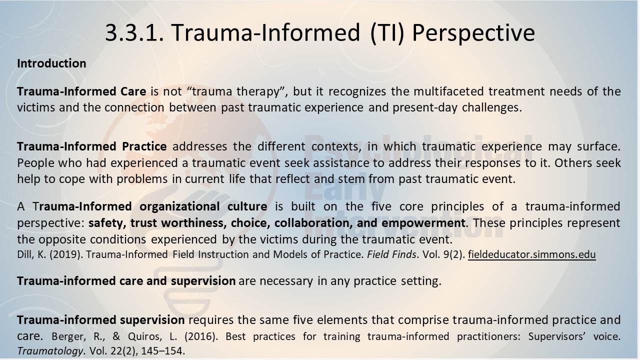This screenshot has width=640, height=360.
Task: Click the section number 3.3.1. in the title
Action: click(x=134, y=32)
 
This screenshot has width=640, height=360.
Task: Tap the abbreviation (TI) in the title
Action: click(x=387, y=33)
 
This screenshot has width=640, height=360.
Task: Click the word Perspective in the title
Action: click(x=473, y=33)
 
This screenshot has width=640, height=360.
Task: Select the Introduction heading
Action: click(x=51, y=63)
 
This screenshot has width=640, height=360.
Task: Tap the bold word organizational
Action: click(x=179, y=206)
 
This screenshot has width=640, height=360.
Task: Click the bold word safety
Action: click(x=107, y=223)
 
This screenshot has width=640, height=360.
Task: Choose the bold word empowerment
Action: click(x=423, y=223)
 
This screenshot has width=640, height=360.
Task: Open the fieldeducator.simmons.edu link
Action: click(x=531, y=254)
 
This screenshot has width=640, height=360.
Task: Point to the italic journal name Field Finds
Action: click(x=391, y=254)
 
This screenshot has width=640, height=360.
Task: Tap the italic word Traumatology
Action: click(x=50, y=351)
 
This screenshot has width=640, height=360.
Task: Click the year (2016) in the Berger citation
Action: click(x=201, y=336)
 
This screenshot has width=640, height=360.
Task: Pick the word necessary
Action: click(x=286, y=281)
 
